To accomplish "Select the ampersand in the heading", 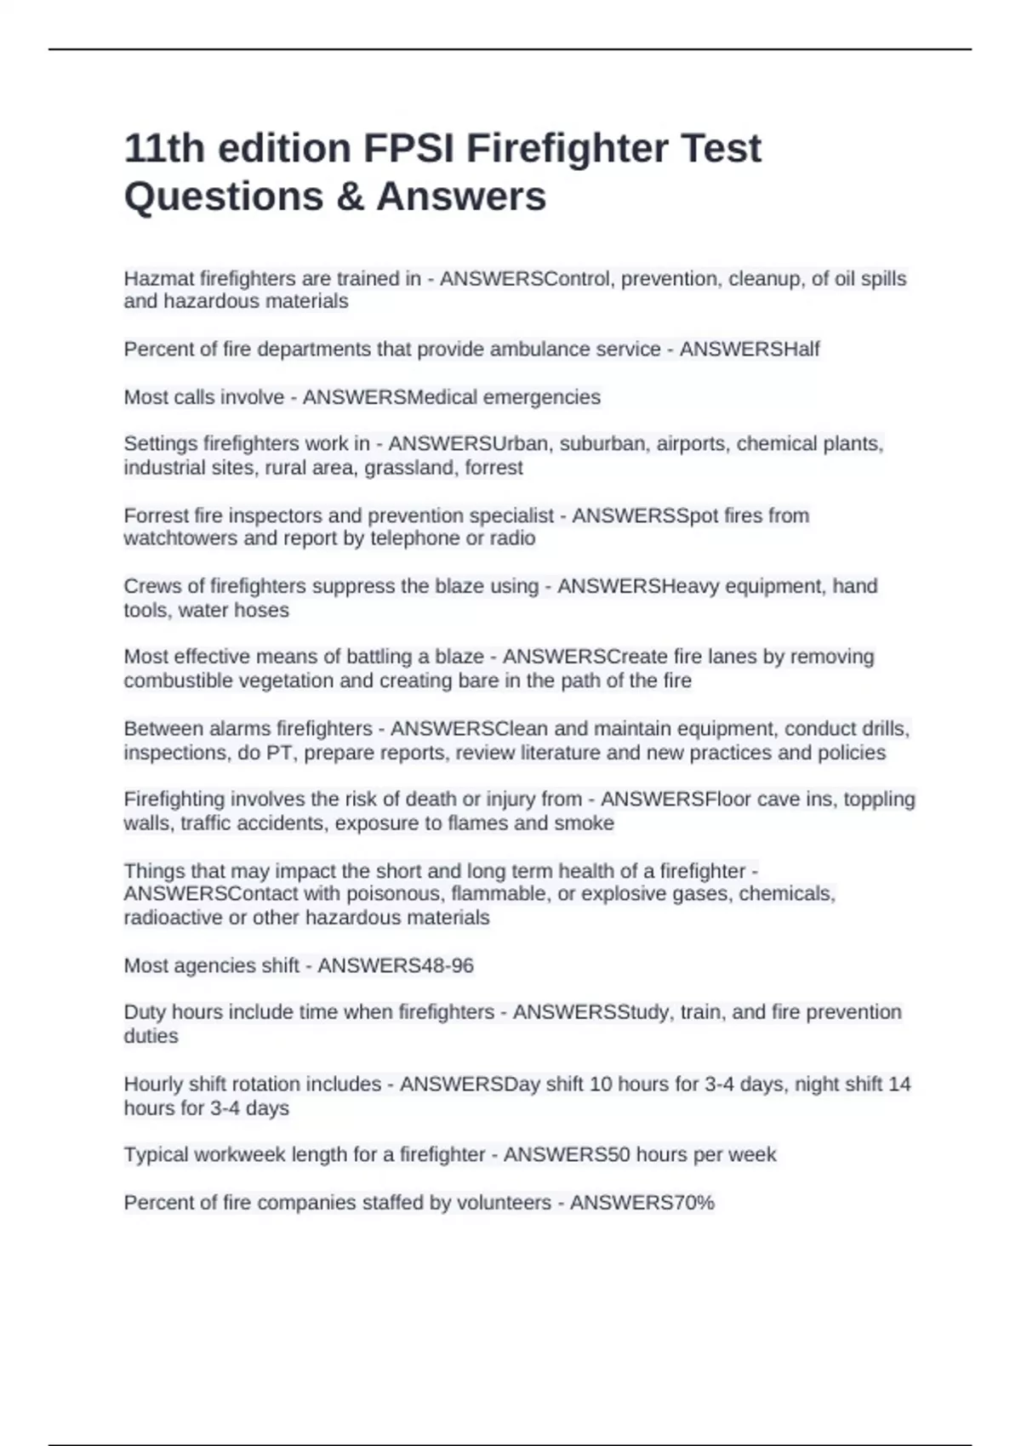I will coord(349,196).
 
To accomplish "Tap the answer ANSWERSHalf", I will coord(750,350).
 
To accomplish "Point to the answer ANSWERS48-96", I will coord(396,966).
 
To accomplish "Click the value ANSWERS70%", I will coord(642,1203).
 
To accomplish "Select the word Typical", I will coord(156,1155).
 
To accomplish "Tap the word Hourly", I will coord(153,1084).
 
